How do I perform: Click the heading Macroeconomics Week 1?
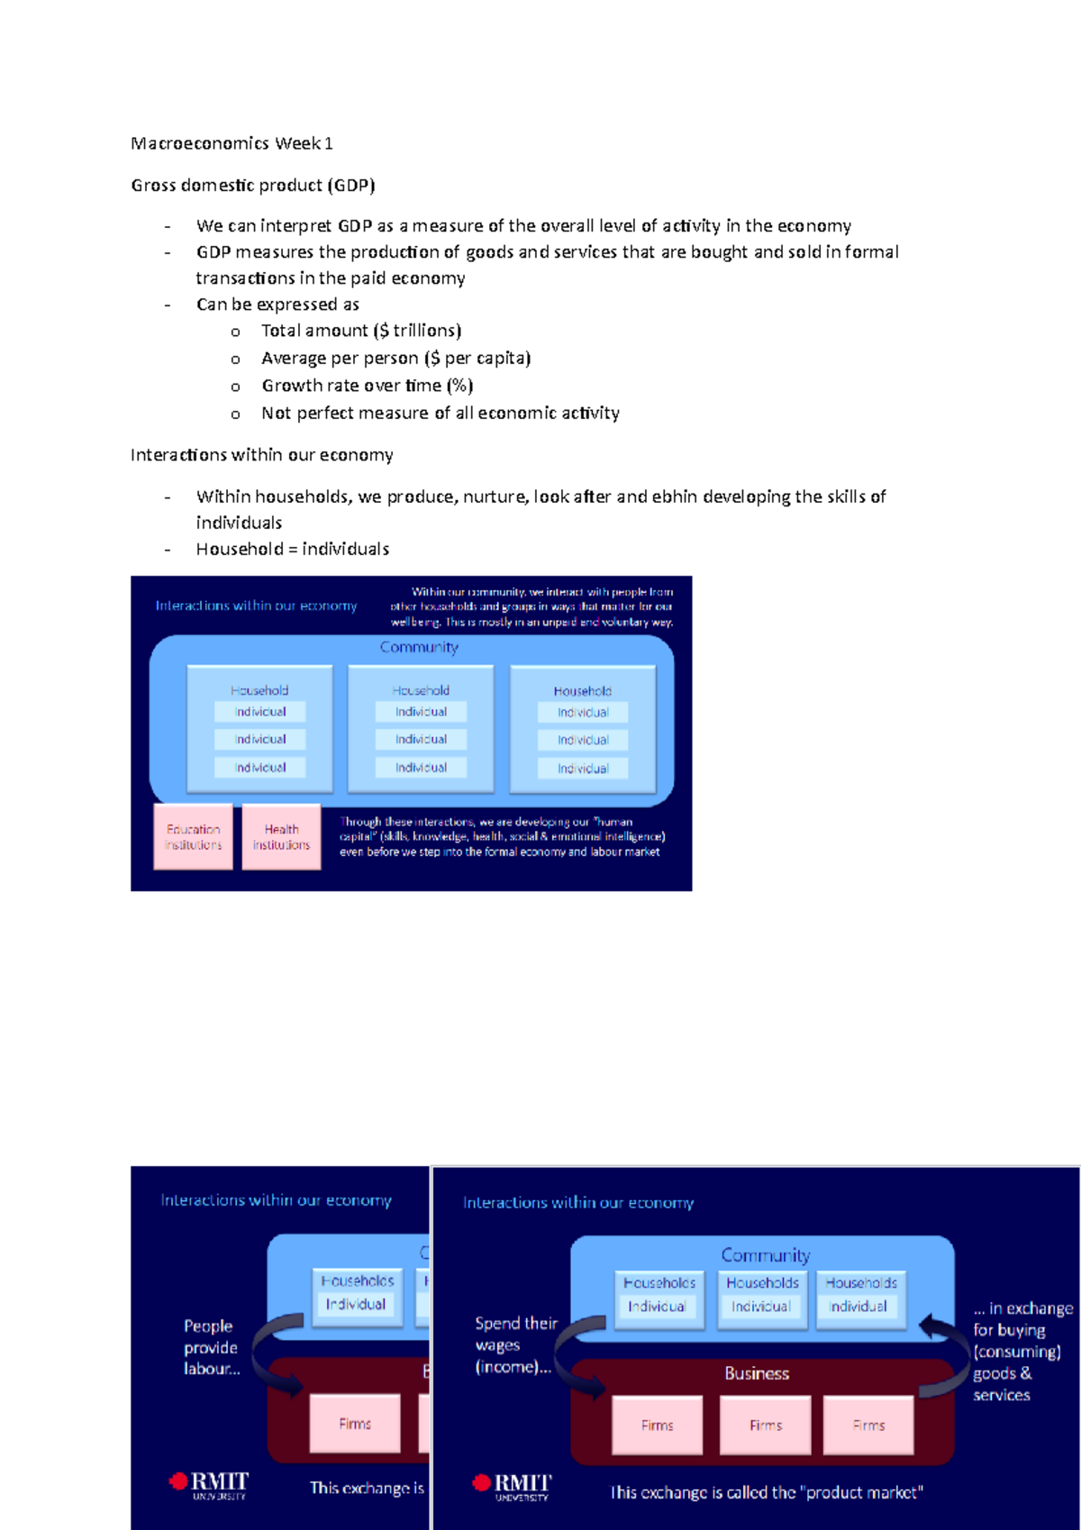click(232, 143)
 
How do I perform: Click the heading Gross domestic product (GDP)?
click(252, 186)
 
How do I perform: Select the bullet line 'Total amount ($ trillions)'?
click(360, 331)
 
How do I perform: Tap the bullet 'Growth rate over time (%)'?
click(367, 386)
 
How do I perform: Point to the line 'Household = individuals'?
click(292, 549)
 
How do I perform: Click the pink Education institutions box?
click(193, 837)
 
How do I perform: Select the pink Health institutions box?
click(281, 837)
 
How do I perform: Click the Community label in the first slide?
click(419, 647)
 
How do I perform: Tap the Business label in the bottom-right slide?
click(757, 1373)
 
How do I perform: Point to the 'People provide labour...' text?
click(212, 1347)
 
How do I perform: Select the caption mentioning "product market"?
click(766, 1492)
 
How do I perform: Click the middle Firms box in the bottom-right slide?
click(765, 1425)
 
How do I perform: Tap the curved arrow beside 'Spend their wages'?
click(577, 1352)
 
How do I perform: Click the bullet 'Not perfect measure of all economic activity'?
click(440, 413)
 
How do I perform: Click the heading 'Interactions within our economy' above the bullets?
click(261, 455)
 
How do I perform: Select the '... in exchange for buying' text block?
click(1022, 1351)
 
